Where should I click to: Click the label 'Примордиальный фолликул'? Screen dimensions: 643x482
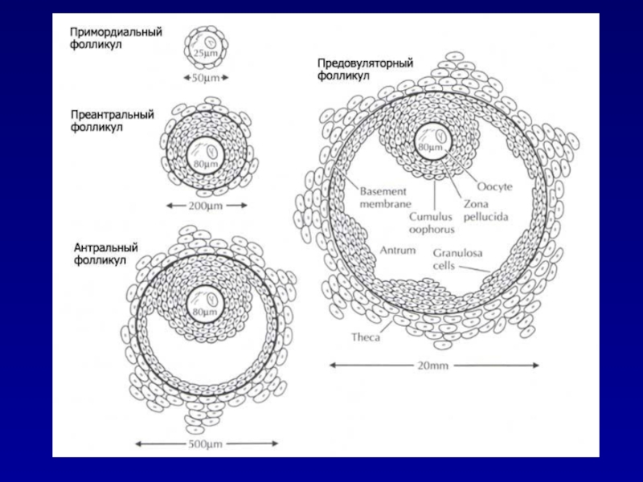[x=116, y=37]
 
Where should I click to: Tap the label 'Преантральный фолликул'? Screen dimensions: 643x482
[x=112, y=120]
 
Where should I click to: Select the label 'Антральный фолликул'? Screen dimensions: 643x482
[x=105, y=253]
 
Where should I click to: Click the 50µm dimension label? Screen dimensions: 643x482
[x=207, y=78]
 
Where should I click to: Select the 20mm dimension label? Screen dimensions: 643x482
[x=435, y=365]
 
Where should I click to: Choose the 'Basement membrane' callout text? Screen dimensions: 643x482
[x=384, y=198]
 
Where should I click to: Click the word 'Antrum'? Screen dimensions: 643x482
[x=399, y=251]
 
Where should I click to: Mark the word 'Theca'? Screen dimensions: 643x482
[x=366, y=337]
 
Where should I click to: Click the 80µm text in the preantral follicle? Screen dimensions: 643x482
[x=205, y=164]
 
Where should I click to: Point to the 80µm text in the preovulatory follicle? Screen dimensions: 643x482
[x=429, y=148]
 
